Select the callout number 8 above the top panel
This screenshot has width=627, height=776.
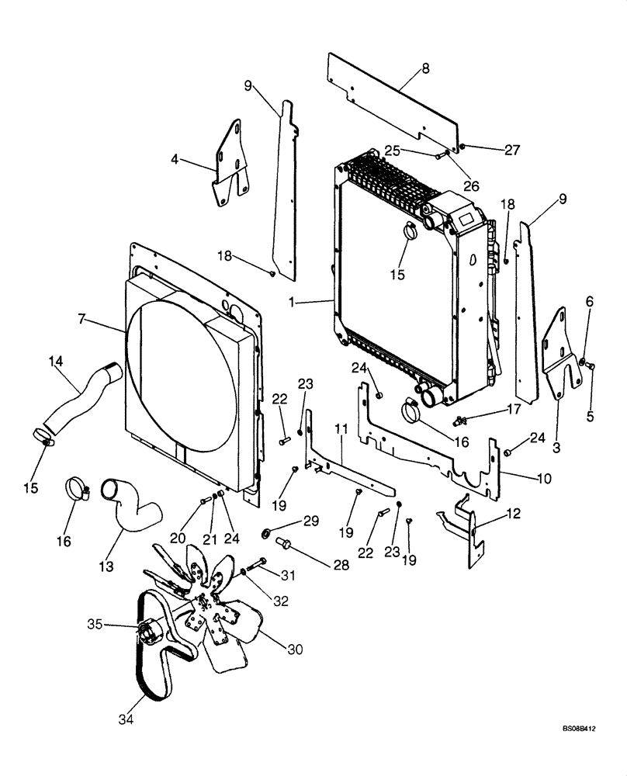pyautogui.click(x=425, y=69)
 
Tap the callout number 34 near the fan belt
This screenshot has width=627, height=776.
pyautogui.click(x=126, y=720)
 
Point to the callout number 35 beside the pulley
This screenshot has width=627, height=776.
pyautogui.click(x=95, y=624)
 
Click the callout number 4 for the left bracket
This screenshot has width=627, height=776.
pyautogui.click(x=175, y=159)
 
